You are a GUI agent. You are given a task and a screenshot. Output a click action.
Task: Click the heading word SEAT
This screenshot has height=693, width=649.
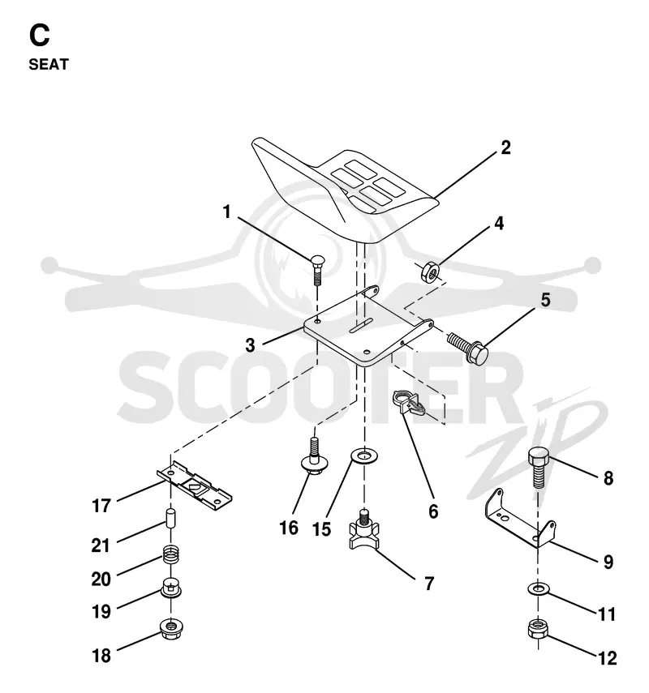click(49, 65)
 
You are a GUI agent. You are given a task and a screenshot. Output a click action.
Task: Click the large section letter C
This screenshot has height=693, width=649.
click(40, 36)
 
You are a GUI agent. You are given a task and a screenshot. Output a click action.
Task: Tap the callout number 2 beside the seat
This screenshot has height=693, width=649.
click(505, 148)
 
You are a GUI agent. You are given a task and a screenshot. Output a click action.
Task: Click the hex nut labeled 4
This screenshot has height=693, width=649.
click(429, 272)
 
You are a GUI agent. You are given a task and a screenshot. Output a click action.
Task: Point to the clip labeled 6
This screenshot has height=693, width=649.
click(408, 402)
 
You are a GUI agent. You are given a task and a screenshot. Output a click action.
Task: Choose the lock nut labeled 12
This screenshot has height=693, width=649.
click(538, 629)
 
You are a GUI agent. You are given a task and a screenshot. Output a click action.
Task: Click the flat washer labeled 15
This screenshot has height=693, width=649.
click(364, 456)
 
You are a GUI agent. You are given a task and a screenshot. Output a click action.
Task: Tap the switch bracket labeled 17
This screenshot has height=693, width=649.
click(194, 485)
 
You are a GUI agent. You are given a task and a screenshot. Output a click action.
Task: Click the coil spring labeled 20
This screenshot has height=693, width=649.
click(170, 555)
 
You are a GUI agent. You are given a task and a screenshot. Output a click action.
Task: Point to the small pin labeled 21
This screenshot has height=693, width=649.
click(170, 518)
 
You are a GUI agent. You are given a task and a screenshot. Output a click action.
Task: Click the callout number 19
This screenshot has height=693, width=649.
click(101, 612)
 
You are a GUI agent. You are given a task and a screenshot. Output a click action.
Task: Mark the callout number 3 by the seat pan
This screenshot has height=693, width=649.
click(251, 345)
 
